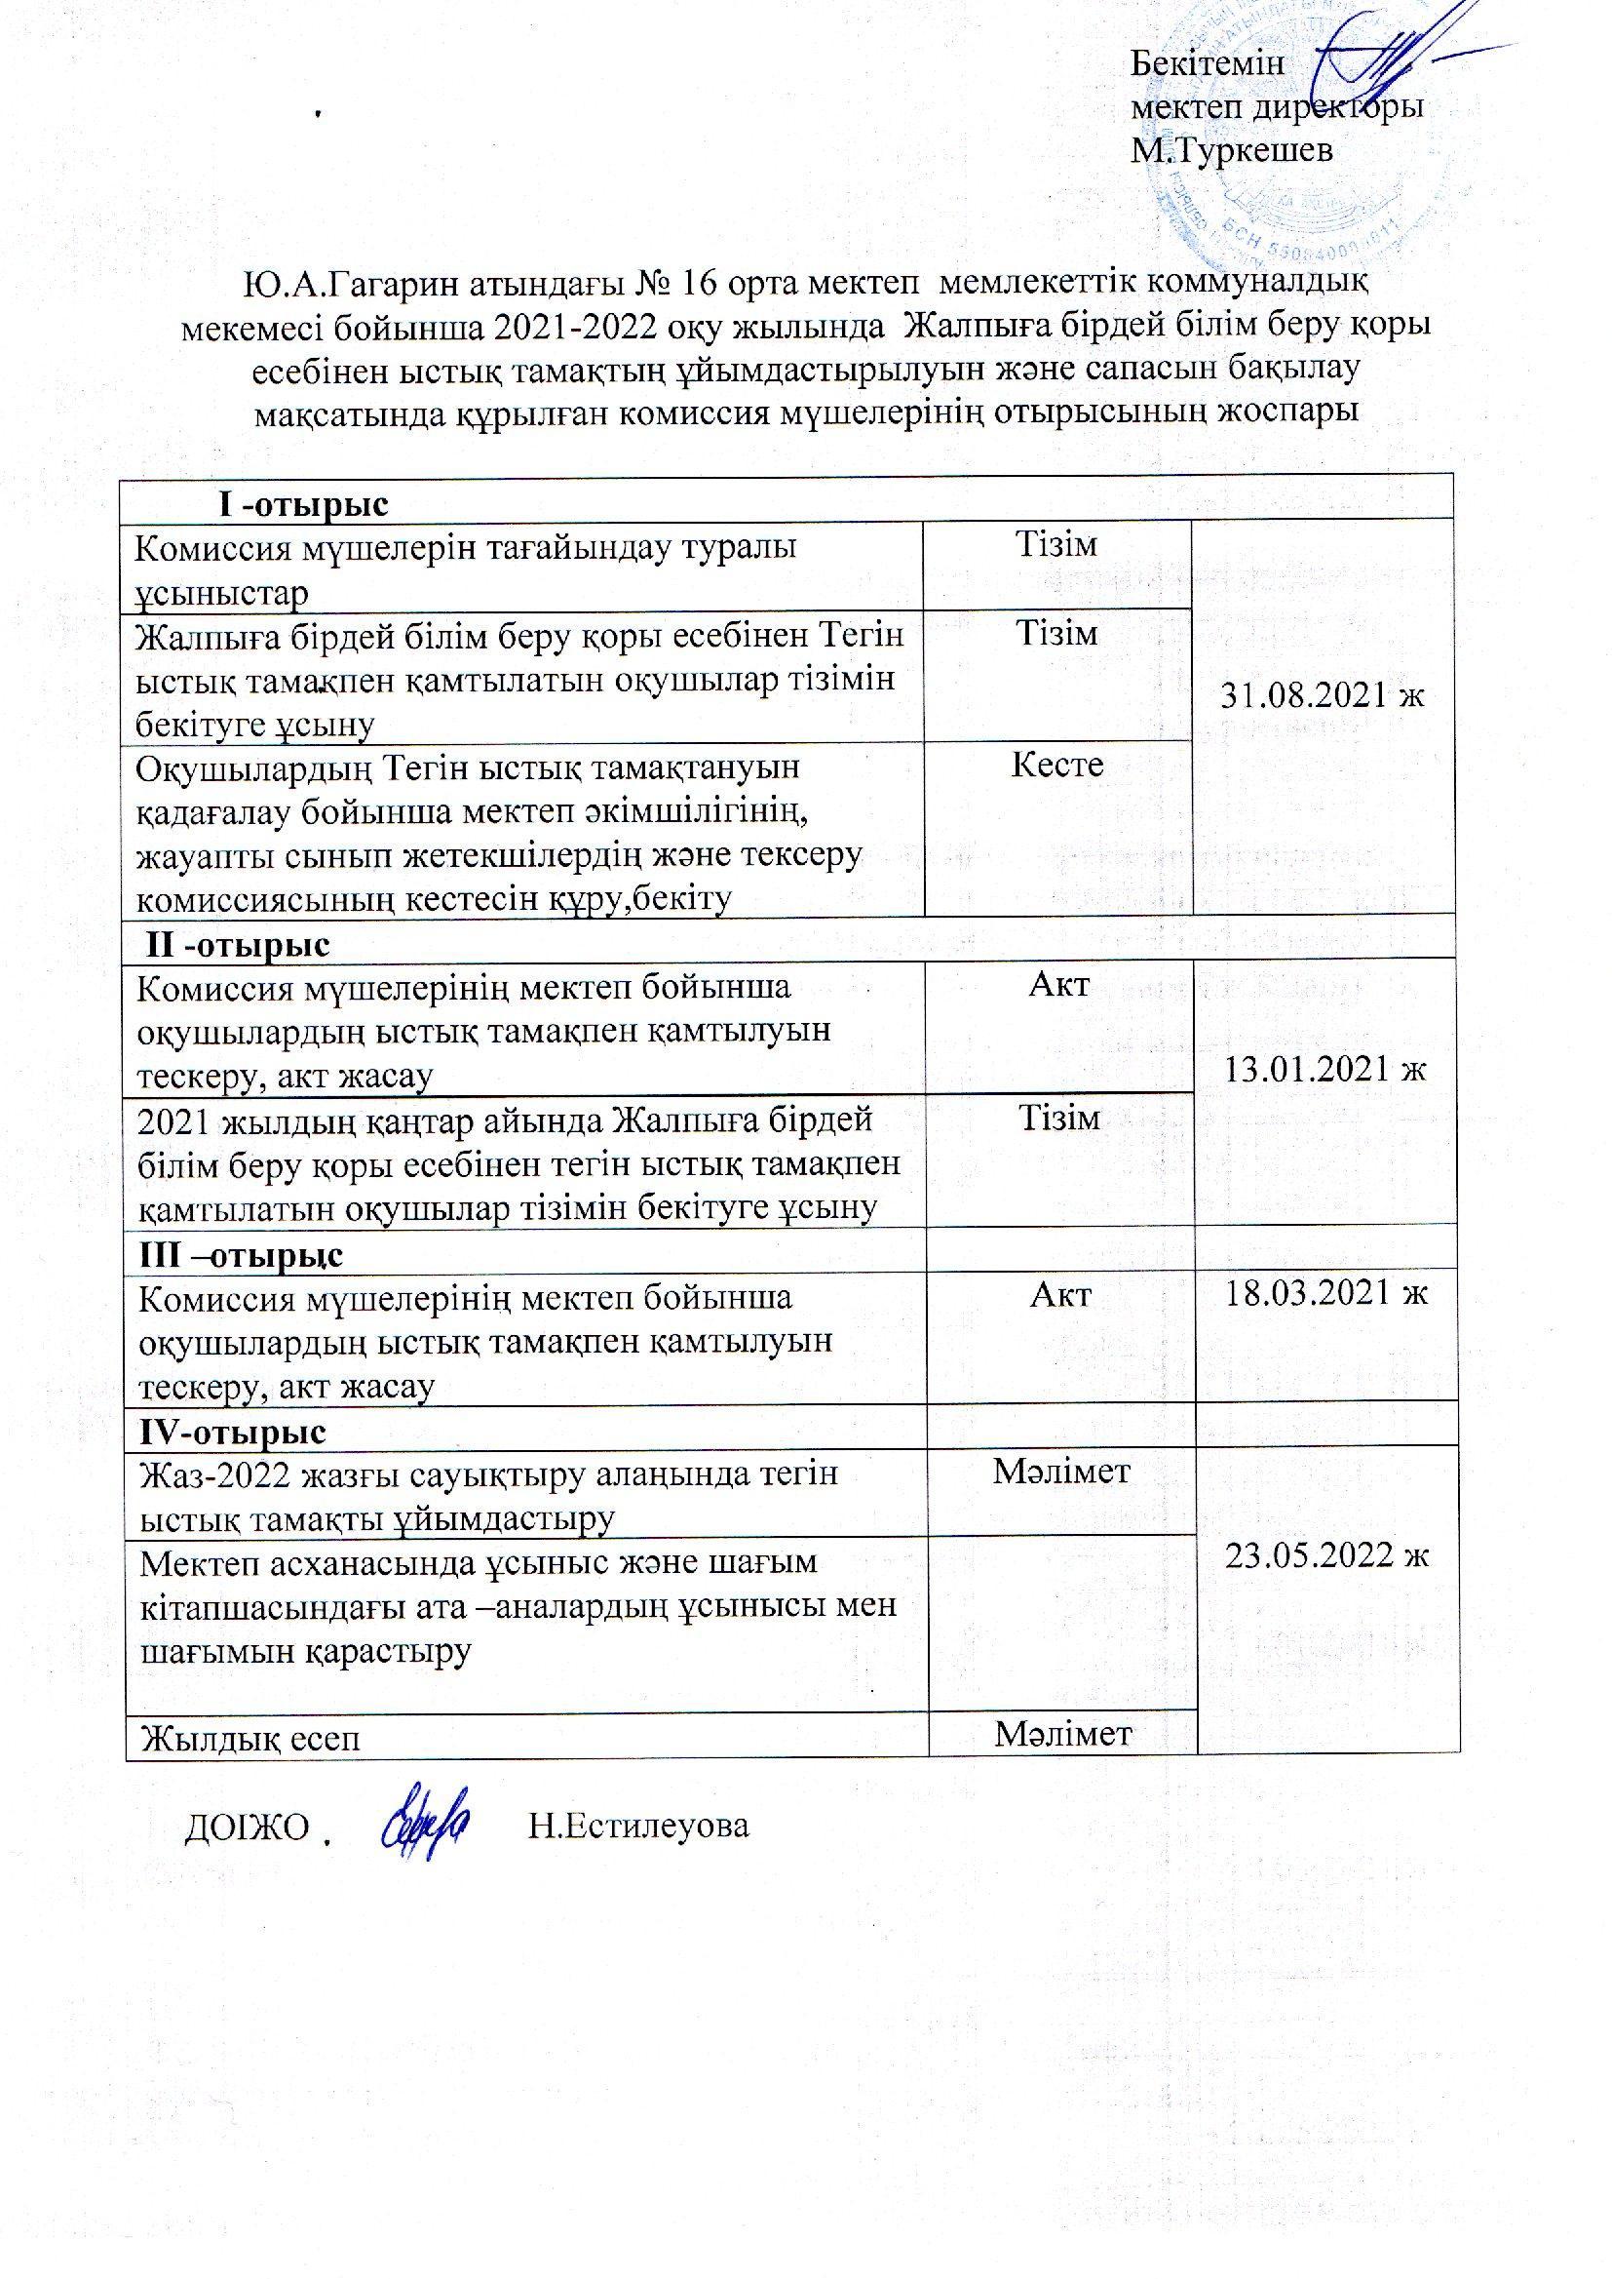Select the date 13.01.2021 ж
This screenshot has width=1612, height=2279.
click(x=1326, y=1070)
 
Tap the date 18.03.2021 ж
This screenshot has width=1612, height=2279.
click(x=1326, y=1294)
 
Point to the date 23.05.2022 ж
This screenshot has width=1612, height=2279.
click(x=1326, y=1554)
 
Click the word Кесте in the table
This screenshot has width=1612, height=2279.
click(x=1057, y=765)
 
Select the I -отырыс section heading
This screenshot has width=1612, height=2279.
click(x=303, y=505)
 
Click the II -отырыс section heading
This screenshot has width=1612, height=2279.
click(x=238, y=944)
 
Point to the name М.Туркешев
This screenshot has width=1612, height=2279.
click(x=1232, y=150)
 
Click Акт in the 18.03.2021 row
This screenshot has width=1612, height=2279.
click(x=1060, y=1294)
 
